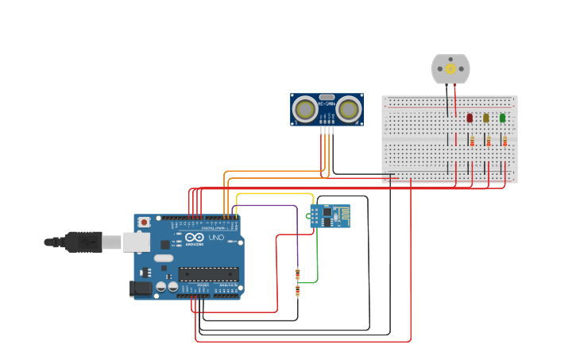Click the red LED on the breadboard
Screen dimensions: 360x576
coord(470,118)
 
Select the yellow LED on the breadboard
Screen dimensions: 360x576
coord(486,118)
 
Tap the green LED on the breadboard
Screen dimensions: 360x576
coord(502,118)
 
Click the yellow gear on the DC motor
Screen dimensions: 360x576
coord(450,68)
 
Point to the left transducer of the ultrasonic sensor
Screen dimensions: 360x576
coord(304,109)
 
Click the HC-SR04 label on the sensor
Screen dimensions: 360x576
coord(327,103)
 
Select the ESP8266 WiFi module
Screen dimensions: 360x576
coord(330,215)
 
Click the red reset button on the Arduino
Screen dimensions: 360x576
coord(144,223)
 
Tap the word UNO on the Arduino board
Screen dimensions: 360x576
coord(216,238)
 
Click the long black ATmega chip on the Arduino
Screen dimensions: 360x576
coord(208,274)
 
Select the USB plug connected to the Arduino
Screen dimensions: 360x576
coord(83,242)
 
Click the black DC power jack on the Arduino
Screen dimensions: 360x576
coord(141,289)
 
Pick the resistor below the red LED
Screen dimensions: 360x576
coord(472,141)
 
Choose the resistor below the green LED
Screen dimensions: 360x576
coord(504,141)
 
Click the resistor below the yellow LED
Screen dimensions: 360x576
coord(489,141)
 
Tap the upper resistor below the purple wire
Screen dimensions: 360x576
coord(298,274)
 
